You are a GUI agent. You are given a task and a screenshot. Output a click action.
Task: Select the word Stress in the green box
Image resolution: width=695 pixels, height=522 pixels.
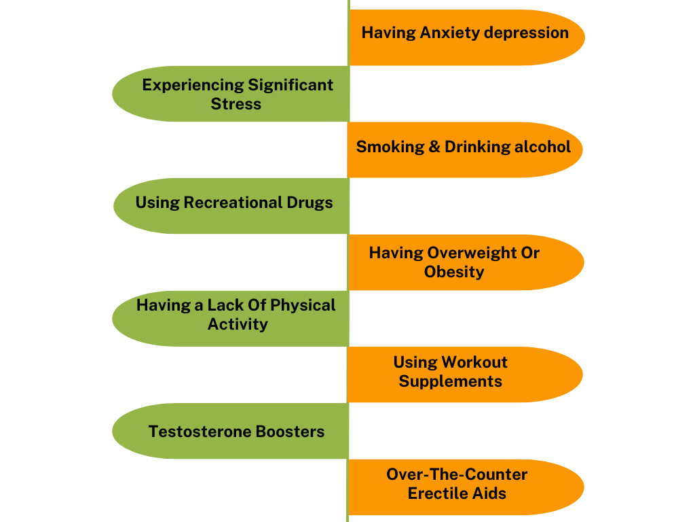tap(236, 104)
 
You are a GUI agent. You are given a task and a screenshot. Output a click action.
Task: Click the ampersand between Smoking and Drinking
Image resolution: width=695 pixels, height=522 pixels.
tap(435, 147)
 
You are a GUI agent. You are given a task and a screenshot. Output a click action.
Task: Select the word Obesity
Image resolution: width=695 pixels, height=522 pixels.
tap(454, 272)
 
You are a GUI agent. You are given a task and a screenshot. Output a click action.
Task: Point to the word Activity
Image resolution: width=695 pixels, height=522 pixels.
tap(238, 324)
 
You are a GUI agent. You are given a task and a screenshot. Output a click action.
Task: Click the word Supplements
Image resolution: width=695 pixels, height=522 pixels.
tap(451, 381)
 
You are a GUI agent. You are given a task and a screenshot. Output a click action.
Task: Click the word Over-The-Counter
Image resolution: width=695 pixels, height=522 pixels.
tap(457, 474)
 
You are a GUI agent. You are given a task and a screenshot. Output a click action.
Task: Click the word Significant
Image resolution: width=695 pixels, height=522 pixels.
tap(290, 85)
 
